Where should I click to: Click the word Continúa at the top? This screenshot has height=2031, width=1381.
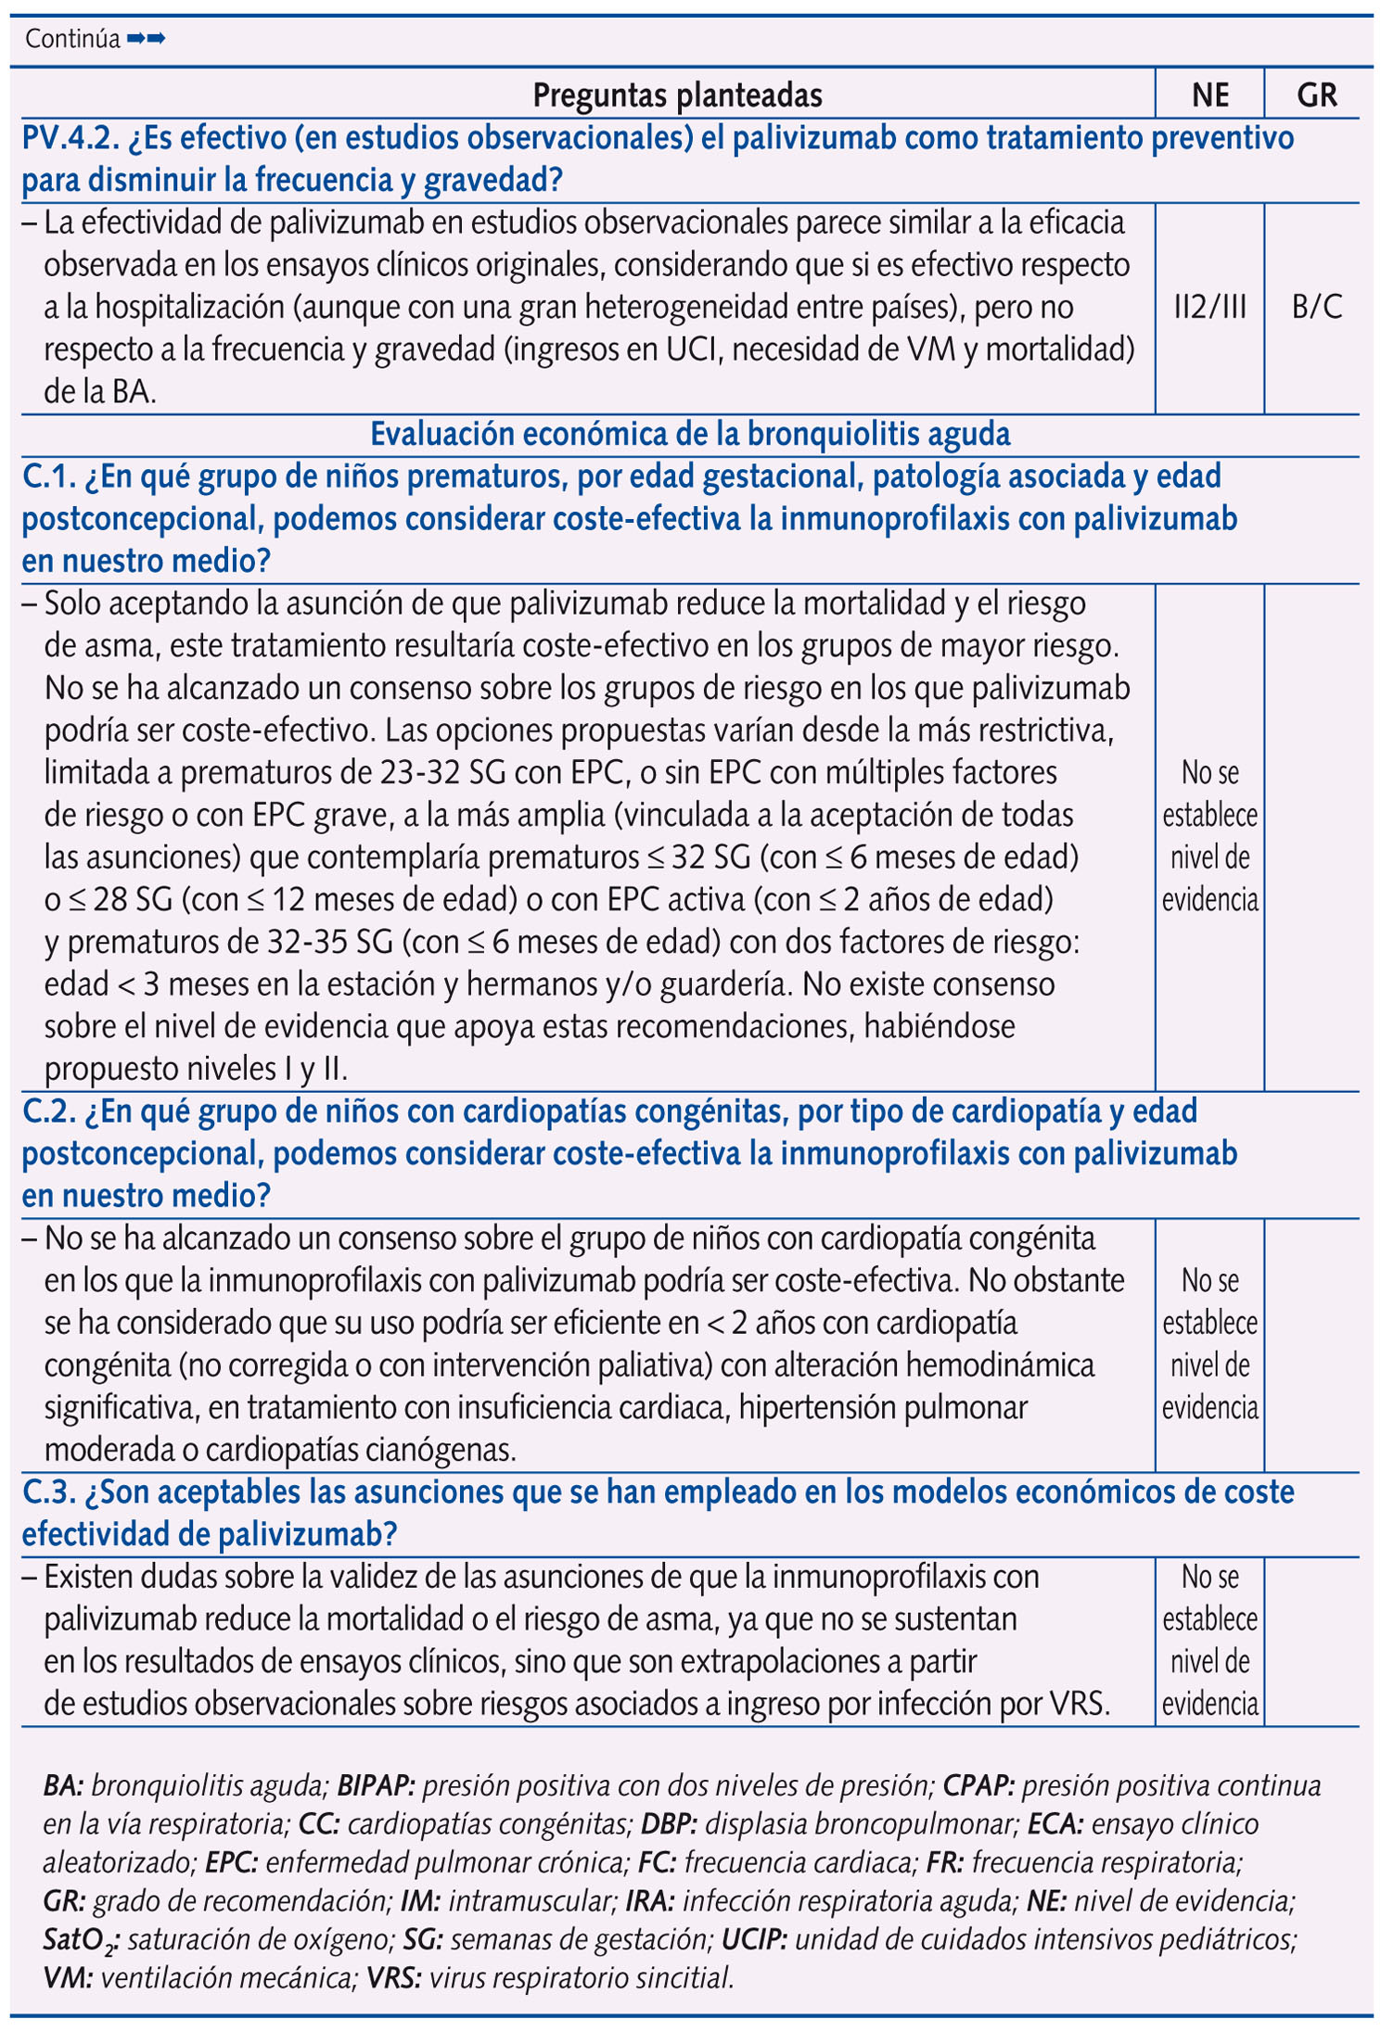click(x=72, y=39)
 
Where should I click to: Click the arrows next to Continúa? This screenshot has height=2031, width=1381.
click(x=146, y=39)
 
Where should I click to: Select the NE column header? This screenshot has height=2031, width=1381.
click(x=1209, y=95)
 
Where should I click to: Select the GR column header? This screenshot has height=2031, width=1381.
click(x=1317, y=95)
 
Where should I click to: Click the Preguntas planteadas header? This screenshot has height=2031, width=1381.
click(x=677, y=95)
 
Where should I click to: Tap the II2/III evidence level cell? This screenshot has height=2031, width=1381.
click(x=1209, y=307)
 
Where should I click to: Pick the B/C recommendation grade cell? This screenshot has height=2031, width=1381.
click(x=1317, y=307)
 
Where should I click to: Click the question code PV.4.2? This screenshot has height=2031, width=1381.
click(x=70, y=138)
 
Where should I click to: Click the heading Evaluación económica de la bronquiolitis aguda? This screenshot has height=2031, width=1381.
click(x=690, y=434)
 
